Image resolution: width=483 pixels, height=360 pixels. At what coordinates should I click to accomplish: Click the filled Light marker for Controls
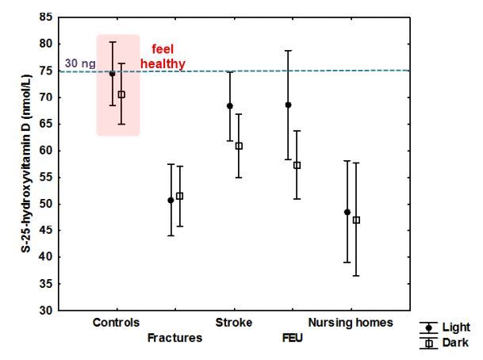(x=113, y=74)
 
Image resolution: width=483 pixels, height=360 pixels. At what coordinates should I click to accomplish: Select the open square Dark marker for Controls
(x=121, y=94)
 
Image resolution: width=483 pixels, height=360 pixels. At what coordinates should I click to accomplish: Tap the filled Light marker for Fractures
(x=171, y=201)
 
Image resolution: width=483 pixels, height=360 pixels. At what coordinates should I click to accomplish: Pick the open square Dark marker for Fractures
(x=179, y=196)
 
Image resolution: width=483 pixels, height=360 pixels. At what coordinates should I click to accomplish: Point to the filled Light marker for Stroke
(x=230, y=105)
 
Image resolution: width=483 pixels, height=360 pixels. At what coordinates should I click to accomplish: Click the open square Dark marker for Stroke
(x=239, y=146)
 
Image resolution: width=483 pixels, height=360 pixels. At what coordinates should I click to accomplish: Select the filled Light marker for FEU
(x=289, y=105)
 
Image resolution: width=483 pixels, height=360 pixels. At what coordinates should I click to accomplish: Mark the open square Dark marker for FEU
(x=297, y=165)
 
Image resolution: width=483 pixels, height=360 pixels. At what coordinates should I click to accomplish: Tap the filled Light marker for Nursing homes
(x=347, y=212)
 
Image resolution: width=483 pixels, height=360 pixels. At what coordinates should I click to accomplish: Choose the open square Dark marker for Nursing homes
(x=356, y=220)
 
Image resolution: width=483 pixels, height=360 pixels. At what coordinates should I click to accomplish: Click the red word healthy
(x=163, y=64)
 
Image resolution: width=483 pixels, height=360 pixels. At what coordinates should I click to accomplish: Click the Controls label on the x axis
(x=116, y=324)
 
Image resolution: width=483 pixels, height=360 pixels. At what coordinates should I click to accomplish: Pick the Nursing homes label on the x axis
(x=351, y=324)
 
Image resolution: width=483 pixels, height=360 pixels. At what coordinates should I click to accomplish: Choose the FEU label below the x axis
(x=293, y=338)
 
